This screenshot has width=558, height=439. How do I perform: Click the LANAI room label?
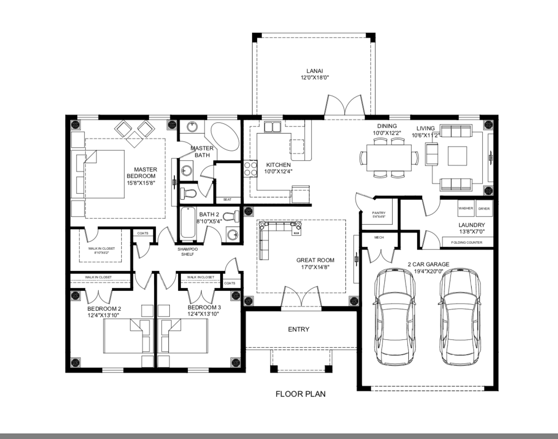(314, 71)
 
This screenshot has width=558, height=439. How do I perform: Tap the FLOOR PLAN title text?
(300, 394)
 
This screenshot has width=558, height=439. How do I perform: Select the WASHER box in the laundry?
(466, 208)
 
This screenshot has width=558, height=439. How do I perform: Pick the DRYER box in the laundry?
(484, 208)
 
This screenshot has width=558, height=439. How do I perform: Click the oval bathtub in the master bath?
(225, 136)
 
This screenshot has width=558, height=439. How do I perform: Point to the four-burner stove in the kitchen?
(251, 169)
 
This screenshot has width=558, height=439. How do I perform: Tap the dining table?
(389, 158)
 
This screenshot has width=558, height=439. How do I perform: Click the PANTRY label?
(379, 213)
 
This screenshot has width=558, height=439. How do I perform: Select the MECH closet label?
(379, 237)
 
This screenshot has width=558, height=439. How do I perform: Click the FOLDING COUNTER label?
(467, 242)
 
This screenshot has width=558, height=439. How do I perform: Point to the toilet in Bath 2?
(231, 216)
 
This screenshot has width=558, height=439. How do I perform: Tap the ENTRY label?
(299, 329)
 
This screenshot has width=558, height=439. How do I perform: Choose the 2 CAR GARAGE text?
(429, 265)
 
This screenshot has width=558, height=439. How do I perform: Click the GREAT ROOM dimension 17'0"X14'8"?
(315, 267)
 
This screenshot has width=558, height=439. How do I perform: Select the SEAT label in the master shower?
(227, 199)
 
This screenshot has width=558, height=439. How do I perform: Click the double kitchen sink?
(272, 127)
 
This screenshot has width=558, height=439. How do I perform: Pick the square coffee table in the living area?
(457, 156)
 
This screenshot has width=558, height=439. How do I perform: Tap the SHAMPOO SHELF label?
(188, 252)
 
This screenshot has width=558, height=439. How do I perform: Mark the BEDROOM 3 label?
(204, 308)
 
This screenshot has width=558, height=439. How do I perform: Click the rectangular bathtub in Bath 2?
(188, 223)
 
